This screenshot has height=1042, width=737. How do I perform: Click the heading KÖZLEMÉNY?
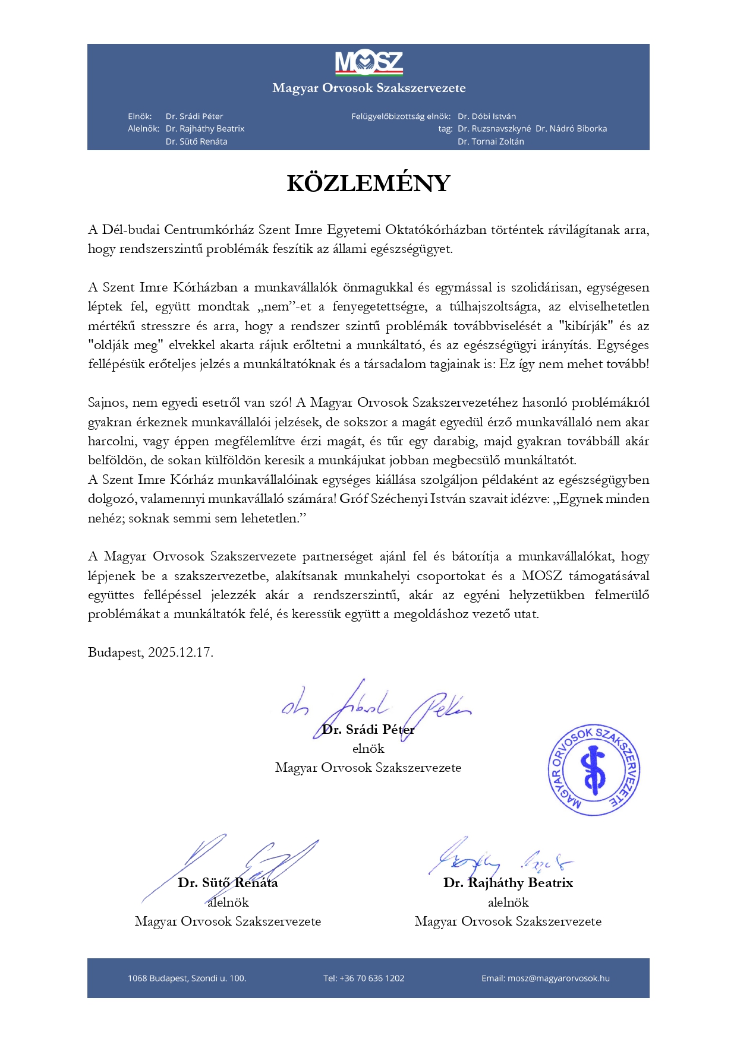click(368, 183)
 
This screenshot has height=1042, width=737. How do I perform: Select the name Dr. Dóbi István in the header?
click(487, 116)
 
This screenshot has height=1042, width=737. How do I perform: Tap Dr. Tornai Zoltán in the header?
click(491, 142)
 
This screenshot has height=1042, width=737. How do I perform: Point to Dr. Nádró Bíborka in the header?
click(571, 129)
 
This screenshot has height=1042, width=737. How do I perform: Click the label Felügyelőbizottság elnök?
click(401, 116)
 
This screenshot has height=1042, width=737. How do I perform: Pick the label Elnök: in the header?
click(140, 116)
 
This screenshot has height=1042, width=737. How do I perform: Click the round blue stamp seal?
click(594, 770)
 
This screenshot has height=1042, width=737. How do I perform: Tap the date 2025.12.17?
click(180, 653)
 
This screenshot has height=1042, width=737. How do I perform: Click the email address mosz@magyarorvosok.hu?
click(559, 978)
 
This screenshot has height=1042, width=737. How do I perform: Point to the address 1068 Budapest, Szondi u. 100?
click(187, 978)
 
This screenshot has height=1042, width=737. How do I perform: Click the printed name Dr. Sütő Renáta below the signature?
click(228, 883)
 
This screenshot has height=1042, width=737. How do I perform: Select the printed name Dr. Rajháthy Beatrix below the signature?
click(508, 883)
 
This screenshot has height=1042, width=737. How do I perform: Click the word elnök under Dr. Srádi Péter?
click(368, 749)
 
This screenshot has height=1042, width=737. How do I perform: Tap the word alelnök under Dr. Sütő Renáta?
click(228, 902)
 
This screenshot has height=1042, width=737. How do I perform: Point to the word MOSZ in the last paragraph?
click(542, 576)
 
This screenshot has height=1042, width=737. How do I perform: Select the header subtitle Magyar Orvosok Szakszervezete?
click(368, 88)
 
